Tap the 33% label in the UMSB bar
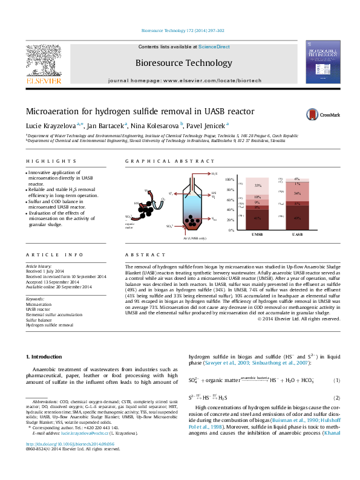coord(258,186)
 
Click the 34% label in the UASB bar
coord(297,193)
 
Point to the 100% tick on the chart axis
coord(229,180)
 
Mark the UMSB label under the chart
coord(258,234)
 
